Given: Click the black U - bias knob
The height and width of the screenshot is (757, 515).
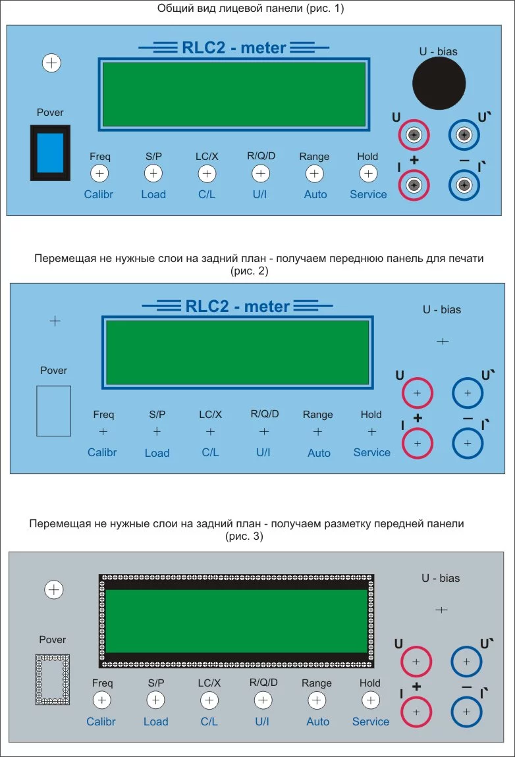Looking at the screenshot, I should (439, 83).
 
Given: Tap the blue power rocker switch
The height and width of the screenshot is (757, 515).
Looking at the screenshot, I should (50, 153).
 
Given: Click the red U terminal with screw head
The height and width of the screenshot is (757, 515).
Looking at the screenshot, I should (414, 136).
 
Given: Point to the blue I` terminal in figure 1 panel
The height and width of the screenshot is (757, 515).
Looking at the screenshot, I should (464, 184).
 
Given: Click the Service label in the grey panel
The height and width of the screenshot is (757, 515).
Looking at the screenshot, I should (371, 721).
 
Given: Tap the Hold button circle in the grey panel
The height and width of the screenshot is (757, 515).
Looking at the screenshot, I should (370, 700).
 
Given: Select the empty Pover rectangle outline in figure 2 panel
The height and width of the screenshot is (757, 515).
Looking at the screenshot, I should (53, 411).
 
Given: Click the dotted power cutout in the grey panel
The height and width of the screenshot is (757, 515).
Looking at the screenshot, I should (53, 679).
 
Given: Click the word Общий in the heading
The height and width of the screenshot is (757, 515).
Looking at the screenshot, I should (174, 9).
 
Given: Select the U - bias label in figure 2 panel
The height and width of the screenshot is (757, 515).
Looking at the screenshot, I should (441, 309).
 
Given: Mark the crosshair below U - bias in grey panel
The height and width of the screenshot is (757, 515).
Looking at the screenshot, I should (442, 610).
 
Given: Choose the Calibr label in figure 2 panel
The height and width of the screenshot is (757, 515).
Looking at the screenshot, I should (102, 452).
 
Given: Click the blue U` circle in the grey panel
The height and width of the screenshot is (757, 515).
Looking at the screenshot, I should (466, 661).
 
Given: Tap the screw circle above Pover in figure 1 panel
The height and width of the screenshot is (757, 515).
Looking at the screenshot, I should (51, 63).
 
